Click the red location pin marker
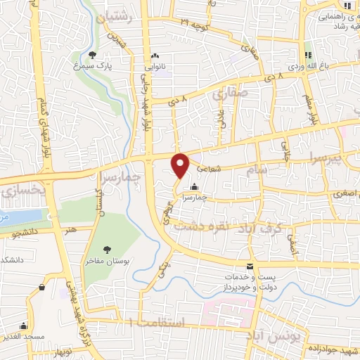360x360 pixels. pos(180,165)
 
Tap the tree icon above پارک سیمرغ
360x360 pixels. pos(93,55)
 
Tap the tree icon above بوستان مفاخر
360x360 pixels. pos(107,250)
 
